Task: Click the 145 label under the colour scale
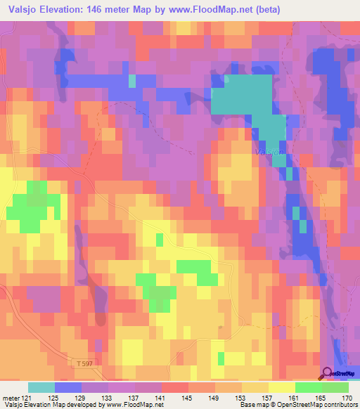188,398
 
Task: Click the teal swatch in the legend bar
41,387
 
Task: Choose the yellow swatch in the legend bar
281,387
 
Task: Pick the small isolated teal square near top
132,80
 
